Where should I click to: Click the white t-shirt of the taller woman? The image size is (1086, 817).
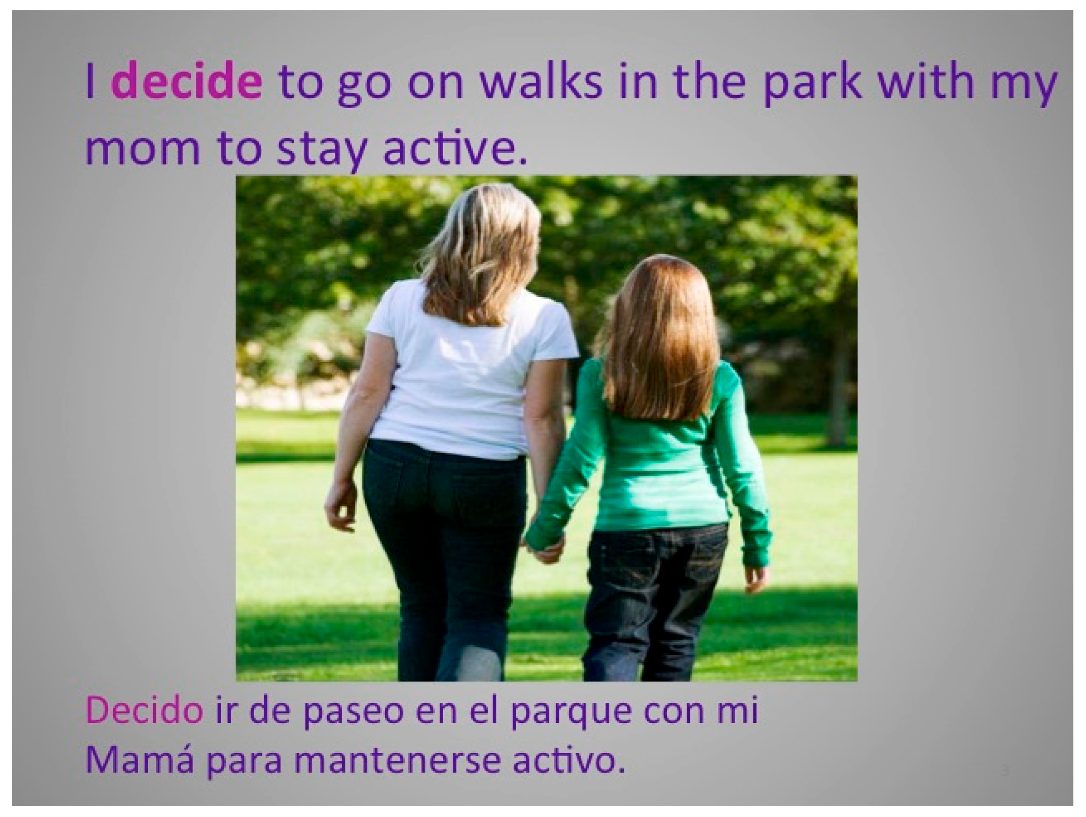click(x=467, y=373)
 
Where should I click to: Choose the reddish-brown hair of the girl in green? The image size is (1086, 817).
click(x=658, y=339)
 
